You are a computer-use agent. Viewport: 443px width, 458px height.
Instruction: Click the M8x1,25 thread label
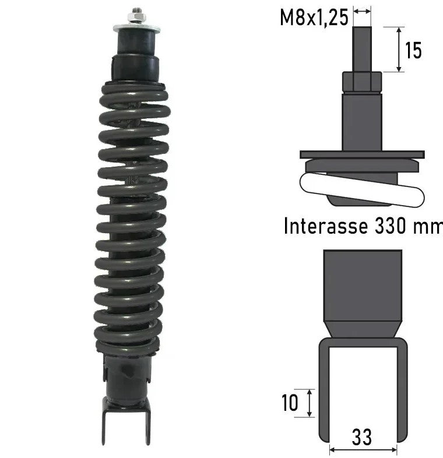coord(314,17)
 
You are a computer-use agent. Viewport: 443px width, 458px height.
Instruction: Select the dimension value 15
coord(413,51)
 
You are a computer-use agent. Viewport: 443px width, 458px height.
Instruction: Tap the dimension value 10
coord(289,403)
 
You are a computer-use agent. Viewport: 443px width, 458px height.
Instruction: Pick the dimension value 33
coord(361,437)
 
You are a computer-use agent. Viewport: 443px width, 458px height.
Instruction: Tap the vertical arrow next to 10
coord(309,403)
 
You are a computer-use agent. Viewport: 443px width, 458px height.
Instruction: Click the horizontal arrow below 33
coord(363,450)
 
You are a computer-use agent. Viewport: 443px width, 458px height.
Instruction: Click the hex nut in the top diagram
coord(362,82)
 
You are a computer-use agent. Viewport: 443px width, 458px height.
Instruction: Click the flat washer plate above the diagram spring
coord(362,155)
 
